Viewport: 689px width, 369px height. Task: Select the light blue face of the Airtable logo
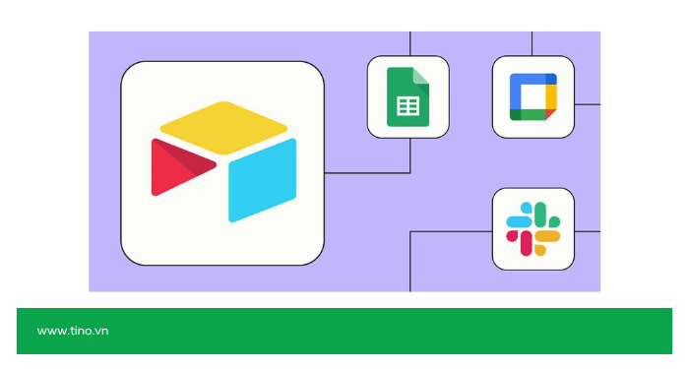[261, 180]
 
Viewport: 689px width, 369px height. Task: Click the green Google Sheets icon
[407, 95]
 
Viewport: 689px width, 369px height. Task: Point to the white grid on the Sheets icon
[407, 106]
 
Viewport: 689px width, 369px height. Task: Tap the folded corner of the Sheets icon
[420, 74]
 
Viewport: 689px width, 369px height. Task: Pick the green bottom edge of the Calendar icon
[530, 115]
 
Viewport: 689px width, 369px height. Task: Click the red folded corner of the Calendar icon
[551, 115]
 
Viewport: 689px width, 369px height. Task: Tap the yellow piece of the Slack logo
[546, 236]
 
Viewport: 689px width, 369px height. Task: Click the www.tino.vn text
[73, 331]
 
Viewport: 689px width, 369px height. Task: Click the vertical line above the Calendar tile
[532, 42]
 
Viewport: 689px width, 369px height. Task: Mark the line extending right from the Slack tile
[587, 231]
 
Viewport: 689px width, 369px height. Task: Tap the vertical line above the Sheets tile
[408, 42]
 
